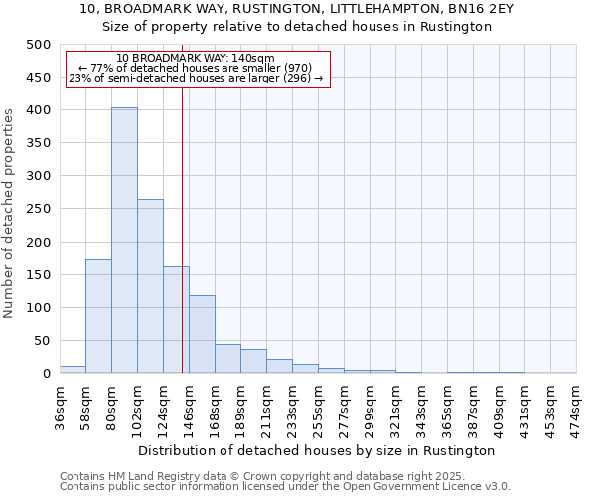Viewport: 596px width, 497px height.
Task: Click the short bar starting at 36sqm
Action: (x=73, y=369)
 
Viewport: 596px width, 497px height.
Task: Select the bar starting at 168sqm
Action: (x=227, y=359)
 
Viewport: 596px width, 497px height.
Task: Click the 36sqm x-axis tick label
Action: (x=61, y=410)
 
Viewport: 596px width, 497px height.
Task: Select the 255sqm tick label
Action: (x=319, y=410)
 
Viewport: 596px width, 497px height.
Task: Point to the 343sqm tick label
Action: (x=422, y=410)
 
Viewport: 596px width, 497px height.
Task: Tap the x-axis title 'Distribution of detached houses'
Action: (x=318, y=450)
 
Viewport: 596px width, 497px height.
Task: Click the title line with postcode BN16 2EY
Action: (x=297, y=9)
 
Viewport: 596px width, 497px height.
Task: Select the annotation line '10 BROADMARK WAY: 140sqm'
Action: (x=195, y=58)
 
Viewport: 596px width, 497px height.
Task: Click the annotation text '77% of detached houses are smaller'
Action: (x=195, y=68)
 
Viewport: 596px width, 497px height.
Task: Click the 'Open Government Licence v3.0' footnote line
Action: (x=284, y=486)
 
